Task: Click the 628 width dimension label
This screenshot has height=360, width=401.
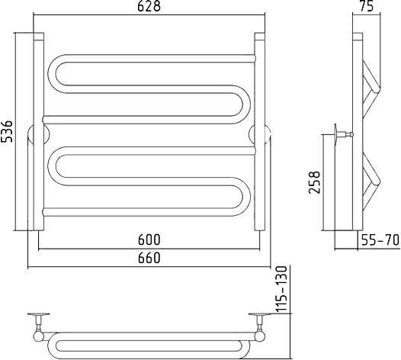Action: click(x=149, y=6)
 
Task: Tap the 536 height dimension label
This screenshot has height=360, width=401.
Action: click(x=6, y=131)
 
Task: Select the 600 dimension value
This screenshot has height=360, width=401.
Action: click(x=149, y=239)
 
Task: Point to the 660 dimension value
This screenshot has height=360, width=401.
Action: click(x=149, y=258)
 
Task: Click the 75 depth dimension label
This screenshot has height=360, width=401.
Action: click(x=366, y=6)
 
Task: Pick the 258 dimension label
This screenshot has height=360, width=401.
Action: click(x=314, y=182)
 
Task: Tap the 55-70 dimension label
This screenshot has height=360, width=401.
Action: click(x=380, y=240)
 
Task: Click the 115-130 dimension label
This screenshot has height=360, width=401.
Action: click(x=282, y=290)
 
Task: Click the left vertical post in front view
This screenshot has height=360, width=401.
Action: click(x=39, y=131)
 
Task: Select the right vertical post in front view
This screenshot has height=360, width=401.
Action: click(x=259, y=131)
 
